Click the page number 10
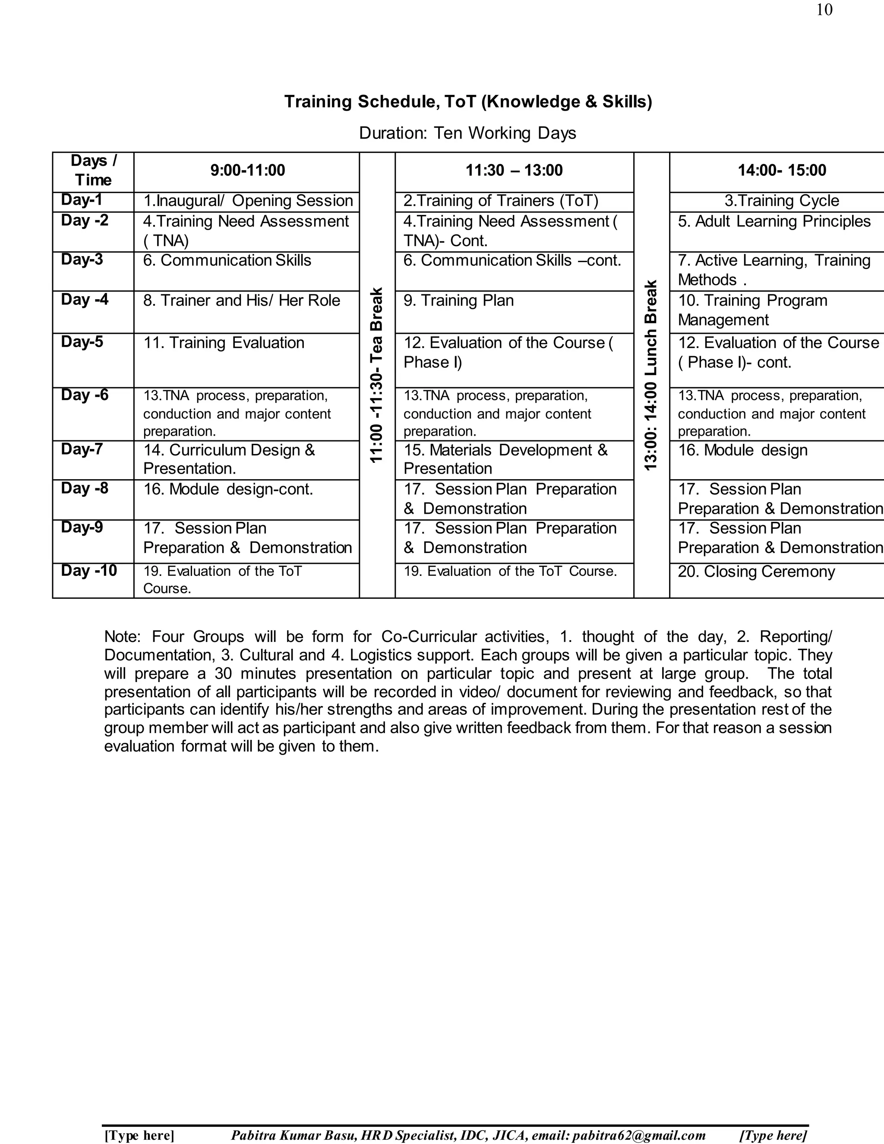tap(824, 10)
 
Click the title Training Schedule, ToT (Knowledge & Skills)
tap(467, 101)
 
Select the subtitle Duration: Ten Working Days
tap(467, 133)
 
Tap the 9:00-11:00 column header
tap(247, 170)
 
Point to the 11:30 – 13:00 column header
tap(514, 170)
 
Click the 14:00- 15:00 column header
tap(781, 170)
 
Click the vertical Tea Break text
tap(376, 375)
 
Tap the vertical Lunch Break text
tap(650, 375)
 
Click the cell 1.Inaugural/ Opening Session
tap(248, 201)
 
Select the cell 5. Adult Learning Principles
tap(774, 221)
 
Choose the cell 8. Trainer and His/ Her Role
tap(241, 300)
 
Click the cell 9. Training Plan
tap(458, 300)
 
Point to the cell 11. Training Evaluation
tap(224, 343)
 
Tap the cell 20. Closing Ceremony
tap(756, 572)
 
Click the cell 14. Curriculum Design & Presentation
tap(229, 459)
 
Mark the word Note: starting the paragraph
tap(122, 636)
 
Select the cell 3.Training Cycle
tap(781, 201)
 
